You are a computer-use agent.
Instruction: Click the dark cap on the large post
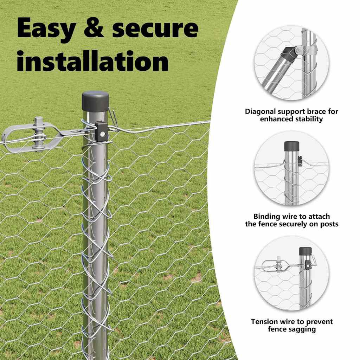[x=96, y=102]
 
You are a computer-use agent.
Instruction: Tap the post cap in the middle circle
[x=292, y=146]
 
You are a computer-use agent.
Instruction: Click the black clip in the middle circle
[x=300, y=161]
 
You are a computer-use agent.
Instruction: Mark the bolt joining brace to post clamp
[x=298, y=51]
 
